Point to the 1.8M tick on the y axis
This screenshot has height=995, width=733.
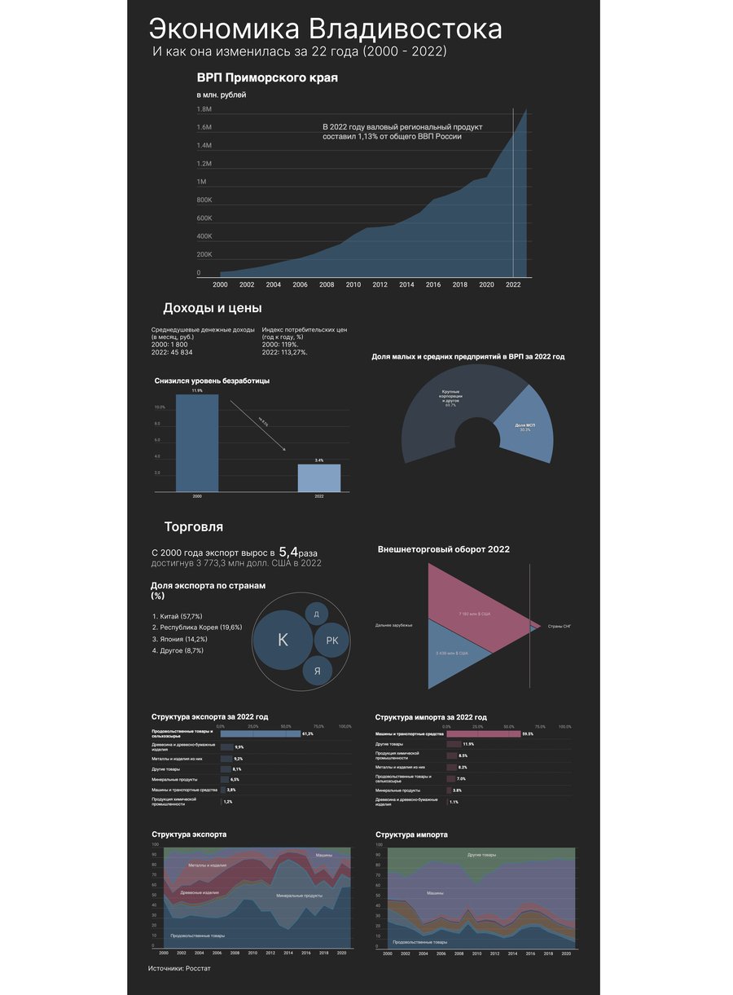tap(204, 109)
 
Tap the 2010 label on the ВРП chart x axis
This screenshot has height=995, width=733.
tap(353, 285)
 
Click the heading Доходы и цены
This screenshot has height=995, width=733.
tap(213, 308)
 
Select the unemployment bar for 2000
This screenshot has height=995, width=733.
tap(197, 443)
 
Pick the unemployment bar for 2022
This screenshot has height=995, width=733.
tap(318, 478)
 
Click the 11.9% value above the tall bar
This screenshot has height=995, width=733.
tap(197, 391)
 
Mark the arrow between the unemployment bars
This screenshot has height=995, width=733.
tap(258, 425)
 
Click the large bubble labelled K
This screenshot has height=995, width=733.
tap(283, 640)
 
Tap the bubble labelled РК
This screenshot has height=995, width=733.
tap(331, 641)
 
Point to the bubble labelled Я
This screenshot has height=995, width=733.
tap(317, 671)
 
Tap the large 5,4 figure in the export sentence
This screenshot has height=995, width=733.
tap(288, 552)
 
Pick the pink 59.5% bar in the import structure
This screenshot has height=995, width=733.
tap(483, 733)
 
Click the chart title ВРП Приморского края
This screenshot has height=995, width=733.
tap(267, 78)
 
